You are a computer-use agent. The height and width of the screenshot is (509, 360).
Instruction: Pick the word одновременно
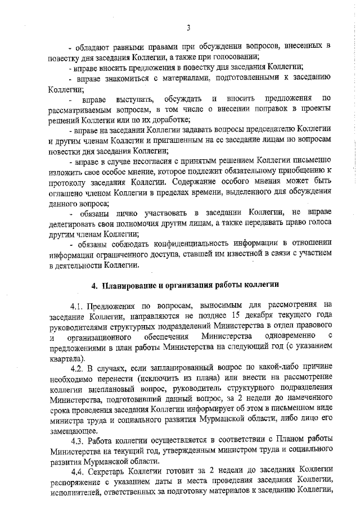(x=281, y=337)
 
